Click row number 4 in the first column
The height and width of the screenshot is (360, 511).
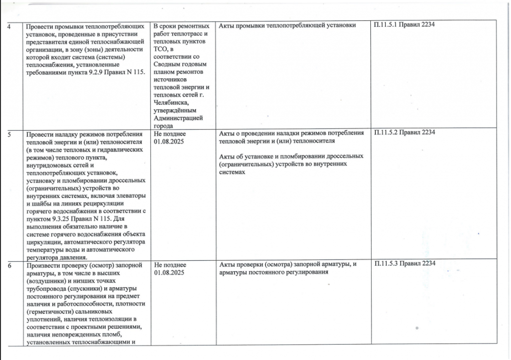(11, 26)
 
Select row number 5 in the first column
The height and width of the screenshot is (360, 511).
(11, 134)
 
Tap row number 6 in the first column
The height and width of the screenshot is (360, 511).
(11, 264)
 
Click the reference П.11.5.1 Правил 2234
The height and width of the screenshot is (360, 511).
(405, 25)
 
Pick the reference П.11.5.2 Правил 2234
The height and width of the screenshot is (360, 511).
(405, 133)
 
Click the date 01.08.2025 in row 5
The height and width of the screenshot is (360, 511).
(170, 142)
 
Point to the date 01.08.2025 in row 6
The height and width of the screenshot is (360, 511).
(170, 273)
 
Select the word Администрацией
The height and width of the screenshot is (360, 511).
(178, 118)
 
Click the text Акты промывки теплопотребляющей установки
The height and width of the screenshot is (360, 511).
(287, 25)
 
